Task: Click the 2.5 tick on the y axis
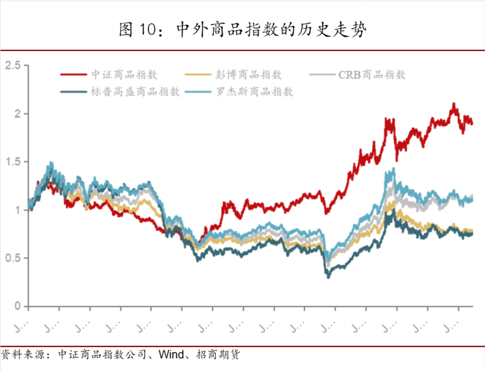13,66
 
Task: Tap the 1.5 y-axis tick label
13,162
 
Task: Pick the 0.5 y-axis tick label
13,258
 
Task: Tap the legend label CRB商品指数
372,75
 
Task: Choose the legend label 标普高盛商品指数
135,92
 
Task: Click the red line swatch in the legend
74,75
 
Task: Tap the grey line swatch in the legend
323,75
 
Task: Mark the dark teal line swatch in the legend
74,92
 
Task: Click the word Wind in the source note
170,355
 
